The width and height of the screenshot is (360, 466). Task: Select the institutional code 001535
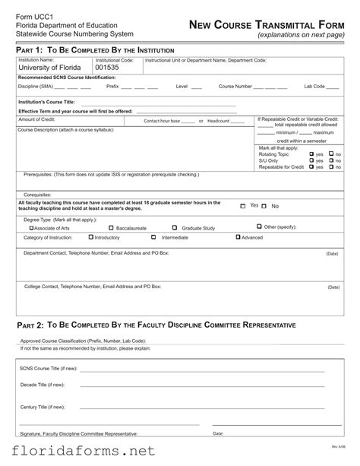pyautogui.click(x=107, y=68)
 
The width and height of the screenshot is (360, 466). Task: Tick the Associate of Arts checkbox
pyautogui.click(x=31, y=227)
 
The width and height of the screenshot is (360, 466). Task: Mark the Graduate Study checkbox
pyautogui.click(x=175, y=227)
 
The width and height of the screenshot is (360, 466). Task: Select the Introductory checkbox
pyautogui.click(x=90, y=237)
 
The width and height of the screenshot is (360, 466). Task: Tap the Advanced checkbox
pyautogui.click(x=238, y=237)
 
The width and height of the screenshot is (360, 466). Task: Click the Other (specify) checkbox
pyautogui.click(x=259, y=227)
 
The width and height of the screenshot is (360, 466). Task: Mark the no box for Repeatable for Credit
pyautogui.click(x=331, y=166)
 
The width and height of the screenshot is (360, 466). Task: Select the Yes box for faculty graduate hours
pyautogui.click(x=242, y=206)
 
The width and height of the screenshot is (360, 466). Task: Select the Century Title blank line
pyautogui.click(x=202, y=408)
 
